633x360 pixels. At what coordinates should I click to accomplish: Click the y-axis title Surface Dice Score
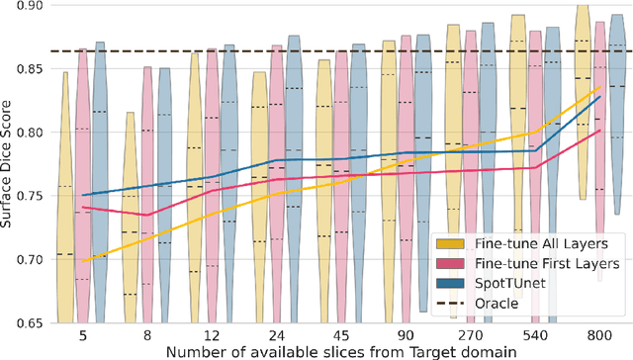coord(9,163)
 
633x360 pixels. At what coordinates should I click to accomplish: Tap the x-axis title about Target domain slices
coord(342,351)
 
